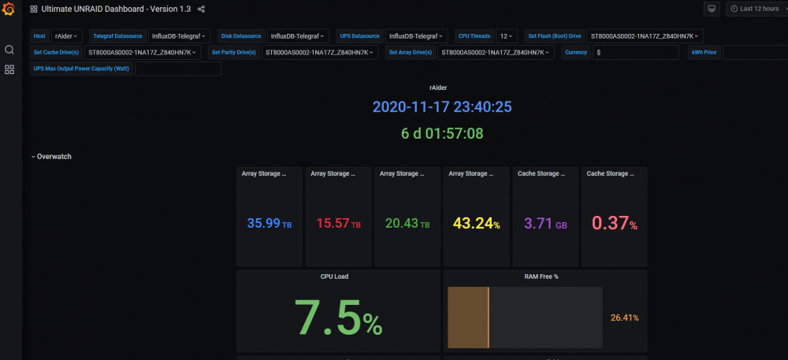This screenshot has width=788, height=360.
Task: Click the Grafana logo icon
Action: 8,9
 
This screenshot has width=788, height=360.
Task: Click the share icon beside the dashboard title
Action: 201,9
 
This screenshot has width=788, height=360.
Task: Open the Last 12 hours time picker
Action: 756,9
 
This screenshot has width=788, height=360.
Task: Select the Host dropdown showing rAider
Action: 67,36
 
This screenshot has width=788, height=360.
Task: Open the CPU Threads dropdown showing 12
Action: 507,36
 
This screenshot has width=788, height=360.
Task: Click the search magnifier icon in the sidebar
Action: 9,50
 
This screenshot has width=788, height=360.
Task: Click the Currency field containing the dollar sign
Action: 636,52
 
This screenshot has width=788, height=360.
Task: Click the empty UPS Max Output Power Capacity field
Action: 178,69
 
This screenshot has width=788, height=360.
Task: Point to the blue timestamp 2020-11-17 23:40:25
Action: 442,107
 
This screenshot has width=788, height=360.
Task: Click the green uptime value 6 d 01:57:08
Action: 442,134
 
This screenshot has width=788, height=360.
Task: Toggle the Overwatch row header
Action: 51,157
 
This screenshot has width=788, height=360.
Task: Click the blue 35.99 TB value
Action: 269,224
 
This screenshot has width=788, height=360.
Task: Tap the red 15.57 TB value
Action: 339,224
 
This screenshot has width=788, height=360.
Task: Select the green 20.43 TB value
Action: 407,224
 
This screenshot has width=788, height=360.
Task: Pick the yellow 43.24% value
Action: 477,224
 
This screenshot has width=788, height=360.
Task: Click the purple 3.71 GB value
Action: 546,224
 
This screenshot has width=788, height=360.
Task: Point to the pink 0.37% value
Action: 615,224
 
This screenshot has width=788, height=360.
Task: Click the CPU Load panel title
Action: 334,276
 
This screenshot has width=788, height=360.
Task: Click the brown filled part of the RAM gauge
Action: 468,317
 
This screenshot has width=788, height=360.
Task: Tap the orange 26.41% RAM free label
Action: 625,317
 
